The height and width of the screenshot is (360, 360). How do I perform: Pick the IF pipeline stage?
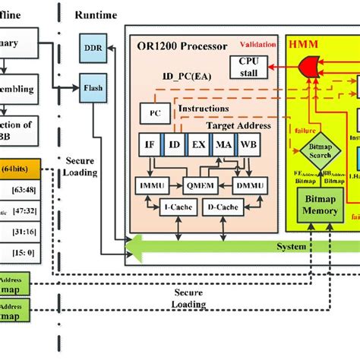point(150,144)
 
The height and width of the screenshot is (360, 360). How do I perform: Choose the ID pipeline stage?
point(175,144)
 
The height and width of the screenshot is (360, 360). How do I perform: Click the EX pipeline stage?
point(199,144)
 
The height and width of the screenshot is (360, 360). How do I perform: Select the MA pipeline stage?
point(224,144)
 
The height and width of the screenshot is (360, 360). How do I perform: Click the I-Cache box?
point(174,207)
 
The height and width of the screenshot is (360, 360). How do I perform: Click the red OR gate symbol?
point(309,69)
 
